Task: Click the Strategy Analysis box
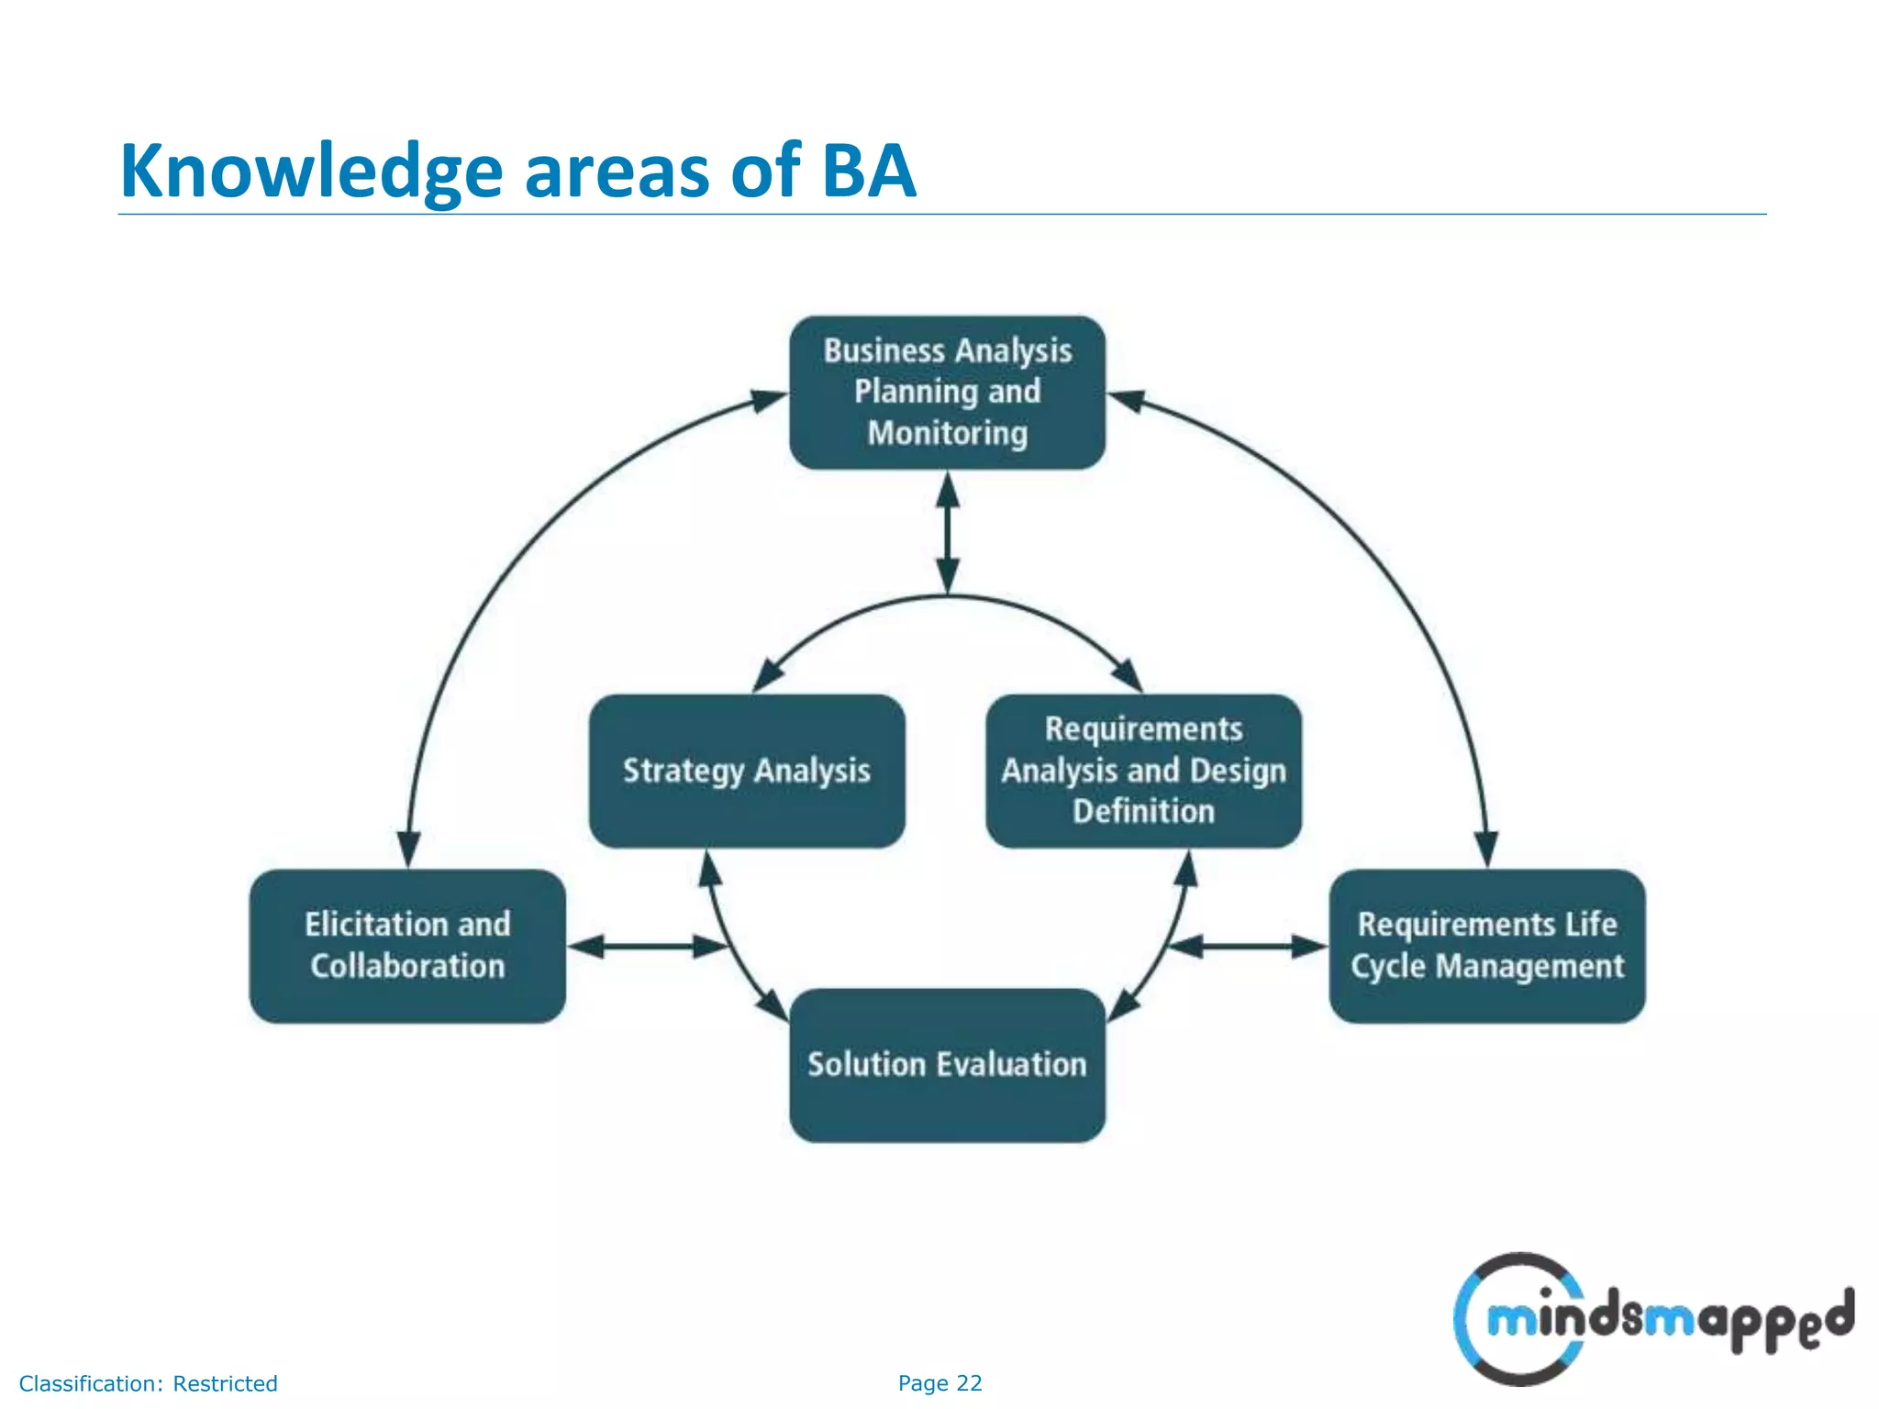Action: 747,771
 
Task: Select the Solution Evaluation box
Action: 947,1065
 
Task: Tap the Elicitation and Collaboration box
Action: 407,946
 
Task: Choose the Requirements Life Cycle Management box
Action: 1486,946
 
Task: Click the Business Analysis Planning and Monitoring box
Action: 947,393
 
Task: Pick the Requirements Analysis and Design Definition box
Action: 1143,771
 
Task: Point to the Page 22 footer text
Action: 939,1382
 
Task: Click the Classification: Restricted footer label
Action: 148,1383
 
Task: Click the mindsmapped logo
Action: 1651,1319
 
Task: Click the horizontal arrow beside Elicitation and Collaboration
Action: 646,946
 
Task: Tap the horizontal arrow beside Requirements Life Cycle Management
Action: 1248,946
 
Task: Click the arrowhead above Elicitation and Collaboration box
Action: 408,848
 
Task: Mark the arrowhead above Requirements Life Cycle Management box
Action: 1486,848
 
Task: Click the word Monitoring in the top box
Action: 947,433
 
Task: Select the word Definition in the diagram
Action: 1143,811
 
